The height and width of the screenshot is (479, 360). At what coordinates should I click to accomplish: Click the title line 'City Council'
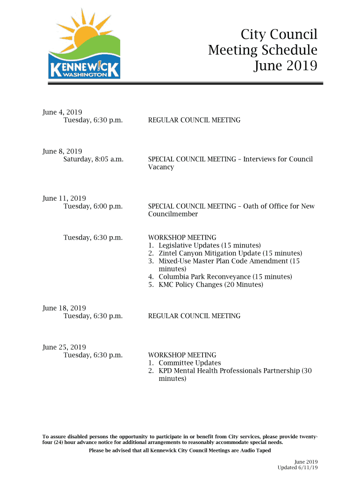point(279,35)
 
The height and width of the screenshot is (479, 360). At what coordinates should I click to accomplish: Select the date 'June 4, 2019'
point(62,112)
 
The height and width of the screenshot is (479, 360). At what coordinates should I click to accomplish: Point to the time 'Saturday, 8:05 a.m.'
point(94,160)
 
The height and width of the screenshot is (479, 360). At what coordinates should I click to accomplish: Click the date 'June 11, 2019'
point(64,199)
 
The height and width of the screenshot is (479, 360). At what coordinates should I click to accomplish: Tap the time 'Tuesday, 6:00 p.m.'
point(93,206)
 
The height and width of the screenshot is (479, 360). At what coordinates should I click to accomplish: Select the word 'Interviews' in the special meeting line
point(259,160)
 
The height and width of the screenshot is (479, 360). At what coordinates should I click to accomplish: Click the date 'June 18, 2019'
point(64,308)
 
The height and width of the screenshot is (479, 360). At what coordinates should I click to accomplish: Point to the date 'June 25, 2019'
point(64,348)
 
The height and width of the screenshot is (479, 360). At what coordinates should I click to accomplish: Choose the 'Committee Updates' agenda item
point(189,363)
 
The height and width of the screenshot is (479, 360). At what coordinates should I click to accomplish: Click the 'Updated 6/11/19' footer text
point(298,468)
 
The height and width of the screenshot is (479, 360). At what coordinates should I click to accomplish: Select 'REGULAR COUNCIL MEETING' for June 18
point(194,316)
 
